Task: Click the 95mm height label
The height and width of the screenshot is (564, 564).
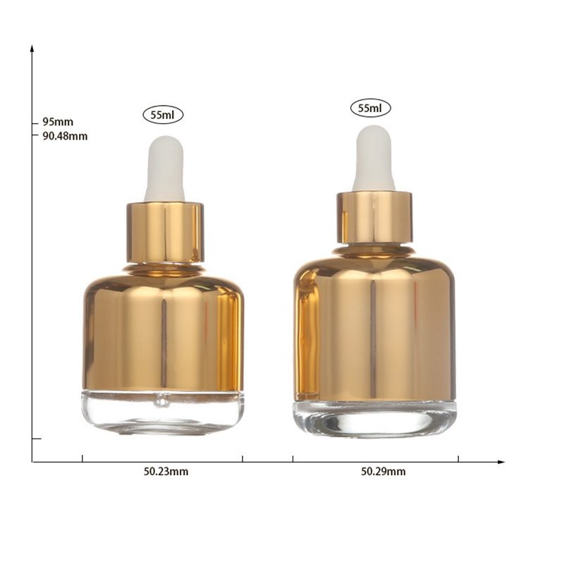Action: [x=58, y=121]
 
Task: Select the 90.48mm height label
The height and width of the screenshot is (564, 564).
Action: [x=65, y=136]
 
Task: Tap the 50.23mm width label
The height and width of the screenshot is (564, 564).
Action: [x=166, y=471]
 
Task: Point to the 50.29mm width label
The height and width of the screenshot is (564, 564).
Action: [x=383, y=471]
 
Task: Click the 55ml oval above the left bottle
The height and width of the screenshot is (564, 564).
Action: [x=163, y=115]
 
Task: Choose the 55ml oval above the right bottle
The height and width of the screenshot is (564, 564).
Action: [x=371, y=108]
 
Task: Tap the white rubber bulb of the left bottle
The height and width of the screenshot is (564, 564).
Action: [x=165, y=168]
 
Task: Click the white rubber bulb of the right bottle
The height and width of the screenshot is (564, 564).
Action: [x=374, y=158]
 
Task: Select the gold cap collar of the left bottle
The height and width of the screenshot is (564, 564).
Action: [x=165, y=233]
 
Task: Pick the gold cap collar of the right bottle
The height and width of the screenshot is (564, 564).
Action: [x=374, y=217]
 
